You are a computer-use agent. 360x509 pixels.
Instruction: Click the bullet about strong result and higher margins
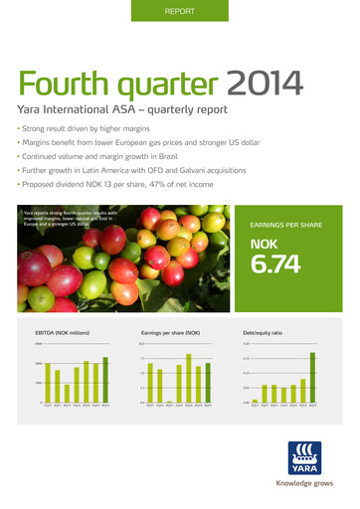(x=85, y=129)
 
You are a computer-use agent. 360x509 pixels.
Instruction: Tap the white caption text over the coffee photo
(x=70, y=219)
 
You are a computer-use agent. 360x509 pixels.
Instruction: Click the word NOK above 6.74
(x=264, y=244)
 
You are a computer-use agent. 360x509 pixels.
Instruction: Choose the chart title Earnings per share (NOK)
(x=171, y=332)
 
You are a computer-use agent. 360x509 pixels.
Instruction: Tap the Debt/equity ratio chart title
(x=262, y=332)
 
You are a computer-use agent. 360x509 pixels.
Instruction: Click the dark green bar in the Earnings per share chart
(x=208, y=383)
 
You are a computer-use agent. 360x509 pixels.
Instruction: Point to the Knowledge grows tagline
(x=303, y=483)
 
